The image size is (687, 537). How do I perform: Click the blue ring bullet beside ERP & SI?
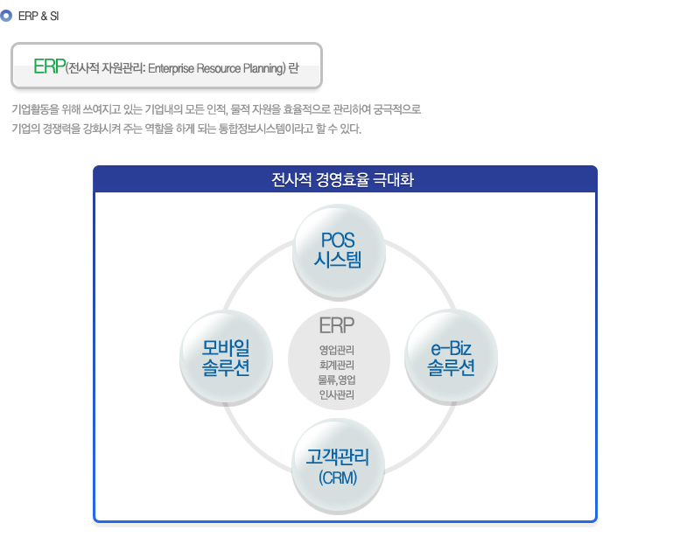pyautogui.click(x=6, y=17)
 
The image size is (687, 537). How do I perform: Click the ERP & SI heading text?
pyautogui.click(x=39, y=17)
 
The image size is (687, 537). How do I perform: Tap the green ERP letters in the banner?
pyautogui.click(x=49, y=66)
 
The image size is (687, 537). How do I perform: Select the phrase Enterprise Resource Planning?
pyautogui.click(x=216, y=69)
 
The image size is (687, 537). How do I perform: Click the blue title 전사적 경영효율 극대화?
pyautogui.click(x=342, y=179)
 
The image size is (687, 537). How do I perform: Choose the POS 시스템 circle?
pyautogui.click(x=339, y=252)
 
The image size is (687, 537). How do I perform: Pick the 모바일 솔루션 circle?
pyautogui.click(x=226, y=358)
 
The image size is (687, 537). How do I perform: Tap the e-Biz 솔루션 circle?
pyautogui.click(x=451, y=357)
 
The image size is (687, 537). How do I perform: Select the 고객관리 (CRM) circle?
pyautogui.click(x=338, y=466)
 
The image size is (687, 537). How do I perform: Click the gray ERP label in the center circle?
pyautogui.click(x=336, y=325)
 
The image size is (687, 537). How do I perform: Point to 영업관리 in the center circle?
pyautogui.click(x=336, y=350)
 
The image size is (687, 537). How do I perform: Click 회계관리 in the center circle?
pyautogui.click(x=336, y=365)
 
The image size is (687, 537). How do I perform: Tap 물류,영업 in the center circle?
pyautogui.click(x=336, y=380)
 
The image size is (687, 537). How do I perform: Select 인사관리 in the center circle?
pyautogui.click(x=336, y=394)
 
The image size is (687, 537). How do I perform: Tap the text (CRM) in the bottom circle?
pyautogui.click(x=338, y=478)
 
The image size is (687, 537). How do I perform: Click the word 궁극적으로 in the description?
pyautogui.click(x=397, y=109)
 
